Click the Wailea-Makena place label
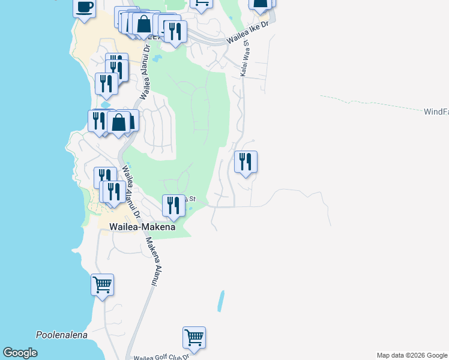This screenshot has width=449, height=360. (142, 227)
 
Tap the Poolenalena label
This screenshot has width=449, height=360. (62, 335)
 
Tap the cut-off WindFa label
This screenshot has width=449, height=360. (436, 112)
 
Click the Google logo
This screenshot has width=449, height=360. (20, 353)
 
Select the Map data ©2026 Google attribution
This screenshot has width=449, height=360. (412, 355)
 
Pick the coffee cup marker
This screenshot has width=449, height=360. (84, 8)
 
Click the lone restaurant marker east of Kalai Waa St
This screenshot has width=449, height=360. (246, 162)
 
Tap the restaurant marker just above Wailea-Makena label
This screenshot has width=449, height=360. (173, 206)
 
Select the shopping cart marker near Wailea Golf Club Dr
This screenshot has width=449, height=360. (194, 338)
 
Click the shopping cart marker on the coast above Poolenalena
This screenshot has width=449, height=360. (102, 284)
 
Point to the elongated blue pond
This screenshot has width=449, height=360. (221, 301)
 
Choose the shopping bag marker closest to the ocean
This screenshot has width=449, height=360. (119, 122)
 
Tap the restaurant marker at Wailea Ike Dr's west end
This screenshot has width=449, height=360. (175, 31)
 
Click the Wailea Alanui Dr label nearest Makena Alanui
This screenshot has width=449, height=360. (131, 192)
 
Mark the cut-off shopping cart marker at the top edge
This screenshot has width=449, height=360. (202, 4)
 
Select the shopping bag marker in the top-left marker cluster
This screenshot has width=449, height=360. (144, 25)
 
